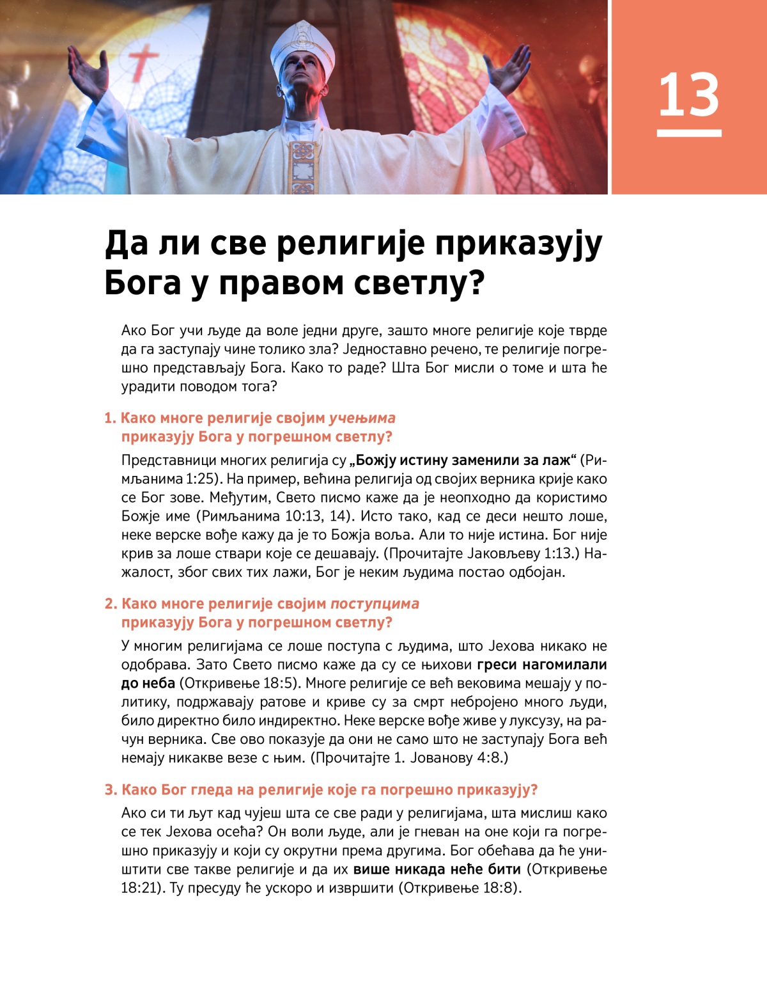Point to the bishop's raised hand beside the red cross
(x=90, y=74)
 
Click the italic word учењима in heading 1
(x=362, y=418)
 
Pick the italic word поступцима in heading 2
(x=375, y=604)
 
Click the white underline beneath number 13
(x=688, y=133)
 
